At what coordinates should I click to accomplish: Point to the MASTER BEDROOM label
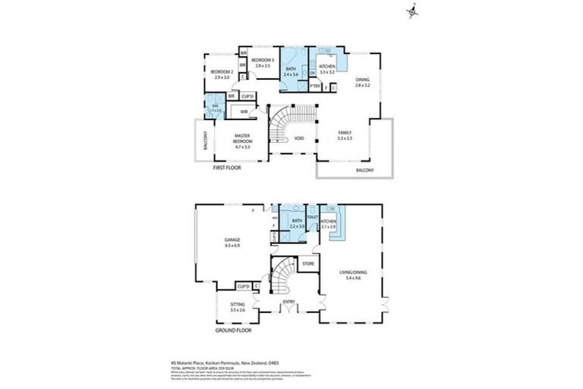(242, 138)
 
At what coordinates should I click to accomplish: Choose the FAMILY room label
(345, 132)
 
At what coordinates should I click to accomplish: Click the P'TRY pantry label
(314, 87)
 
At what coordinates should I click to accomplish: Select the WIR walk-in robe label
(244, 112)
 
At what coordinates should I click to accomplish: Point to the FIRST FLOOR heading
(226, 167)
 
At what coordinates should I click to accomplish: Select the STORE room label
(308, 264)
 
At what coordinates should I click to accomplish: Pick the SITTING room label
(238, 305)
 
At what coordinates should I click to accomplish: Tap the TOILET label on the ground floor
(312, 217)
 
